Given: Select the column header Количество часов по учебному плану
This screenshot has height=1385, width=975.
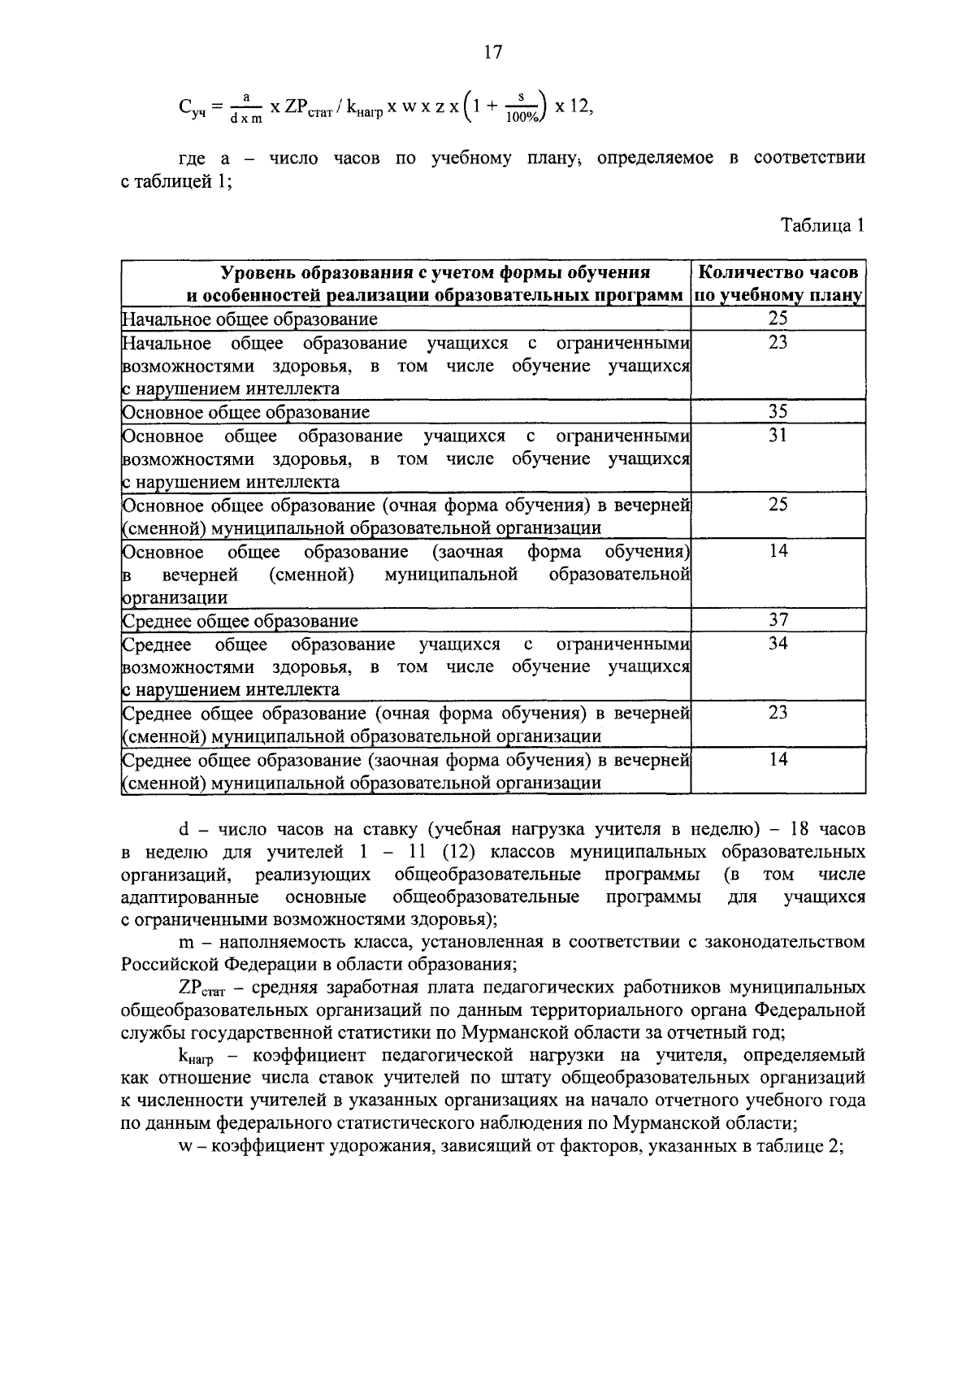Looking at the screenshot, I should [x=778, y=284].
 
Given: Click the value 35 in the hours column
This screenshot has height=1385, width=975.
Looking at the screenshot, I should [x=778, y=412].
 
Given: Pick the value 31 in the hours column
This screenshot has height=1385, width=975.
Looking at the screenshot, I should [x=778, y=436].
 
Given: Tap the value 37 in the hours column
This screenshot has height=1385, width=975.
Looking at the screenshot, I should [x=778, y=620].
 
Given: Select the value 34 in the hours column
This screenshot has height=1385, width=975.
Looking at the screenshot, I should [x=778, y=644].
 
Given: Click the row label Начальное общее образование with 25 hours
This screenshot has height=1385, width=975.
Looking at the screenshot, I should [x=249, y=319].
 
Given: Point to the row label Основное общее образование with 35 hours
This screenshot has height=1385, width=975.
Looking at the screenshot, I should [x=245, y=412].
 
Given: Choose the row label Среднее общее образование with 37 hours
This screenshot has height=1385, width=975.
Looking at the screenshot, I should [x=240, y=621].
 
